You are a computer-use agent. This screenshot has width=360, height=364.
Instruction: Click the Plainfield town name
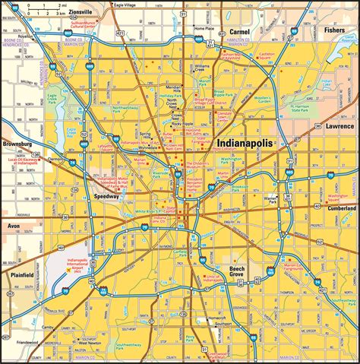(x=18, y=274)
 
